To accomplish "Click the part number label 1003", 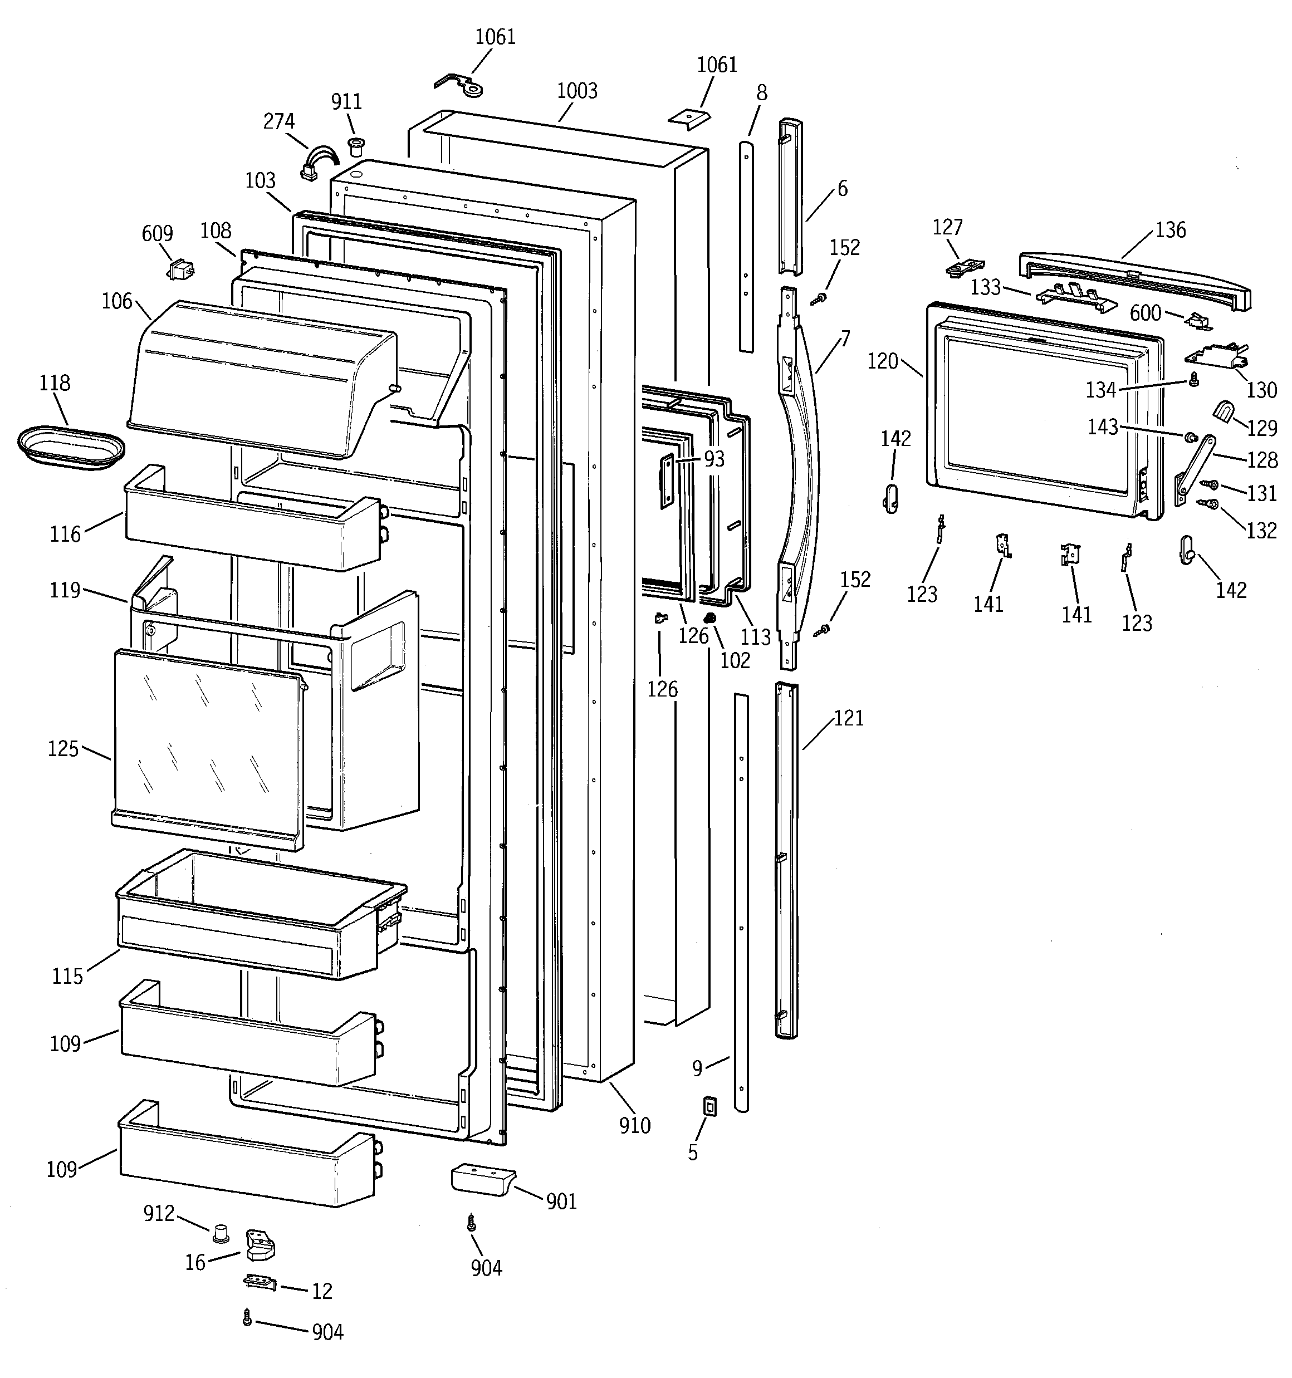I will click(x=576, y=91).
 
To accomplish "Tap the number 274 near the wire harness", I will click(x=279, y=121).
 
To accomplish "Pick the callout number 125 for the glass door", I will click(x=62, y=749).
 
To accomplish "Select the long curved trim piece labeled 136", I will click(x=1134, y=281).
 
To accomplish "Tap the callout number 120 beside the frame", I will click(x=882, y=361).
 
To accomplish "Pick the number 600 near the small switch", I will click(x=1145, y=313).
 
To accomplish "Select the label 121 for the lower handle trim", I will click(x=848, y=718).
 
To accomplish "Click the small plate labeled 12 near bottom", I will click(x=260, y=1282).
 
